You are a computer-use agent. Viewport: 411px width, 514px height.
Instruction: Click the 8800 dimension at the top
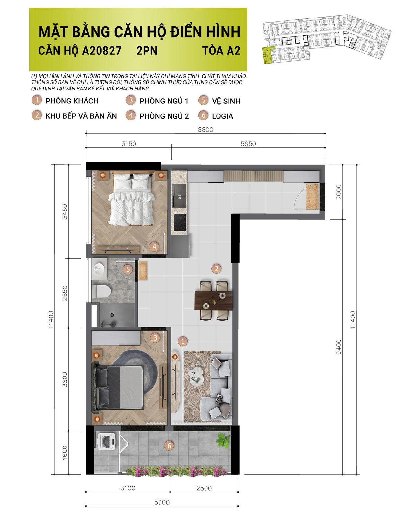point(205,130)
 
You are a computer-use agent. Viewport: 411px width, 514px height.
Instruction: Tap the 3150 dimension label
point(129,144)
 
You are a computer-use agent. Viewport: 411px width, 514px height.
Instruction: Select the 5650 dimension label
point(248,144)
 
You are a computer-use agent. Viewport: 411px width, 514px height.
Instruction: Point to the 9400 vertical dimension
point(339,347)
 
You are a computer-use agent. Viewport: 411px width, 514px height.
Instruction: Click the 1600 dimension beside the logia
point(65,452)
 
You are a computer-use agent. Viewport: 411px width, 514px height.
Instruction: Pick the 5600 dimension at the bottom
point(162,502)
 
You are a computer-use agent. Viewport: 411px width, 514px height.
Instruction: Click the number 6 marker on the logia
point(169,446)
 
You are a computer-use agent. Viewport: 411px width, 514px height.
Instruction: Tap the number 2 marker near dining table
point(217,269)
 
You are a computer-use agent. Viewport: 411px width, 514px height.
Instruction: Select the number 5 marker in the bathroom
point(128,269)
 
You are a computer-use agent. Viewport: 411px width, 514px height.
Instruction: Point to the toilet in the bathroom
point(101,291)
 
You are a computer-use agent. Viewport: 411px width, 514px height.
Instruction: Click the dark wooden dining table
point(214,300)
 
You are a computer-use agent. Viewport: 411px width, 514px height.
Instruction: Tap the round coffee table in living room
point(196,377)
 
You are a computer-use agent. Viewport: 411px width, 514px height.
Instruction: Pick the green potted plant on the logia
point(224,440)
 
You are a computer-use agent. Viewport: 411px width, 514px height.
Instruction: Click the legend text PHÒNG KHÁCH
point(72,101)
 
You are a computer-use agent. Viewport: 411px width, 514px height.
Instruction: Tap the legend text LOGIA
point(222,116)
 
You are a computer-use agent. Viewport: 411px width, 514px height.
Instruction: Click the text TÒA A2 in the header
point(221,51)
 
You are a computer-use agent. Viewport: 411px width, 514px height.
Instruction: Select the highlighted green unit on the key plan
point(266,55)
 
